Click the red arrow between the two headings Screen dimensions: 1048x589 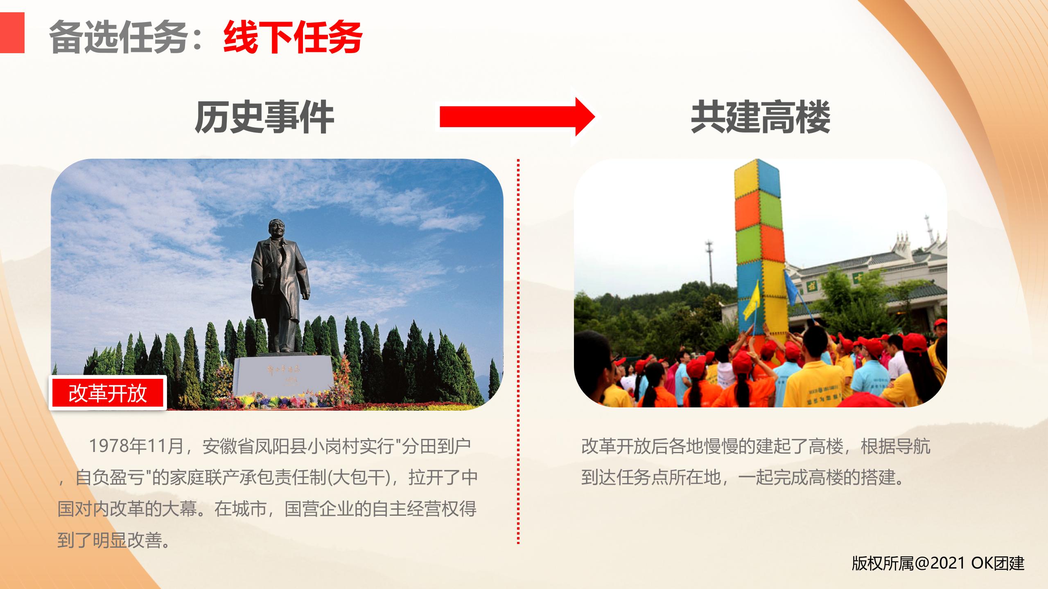coord(517,117)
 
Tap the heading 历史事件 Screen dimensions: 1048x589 coord(264,117)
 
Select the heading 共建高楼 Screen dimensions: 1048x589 coord(760,117)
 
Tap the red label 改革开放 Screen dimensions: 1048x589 coord(108,393)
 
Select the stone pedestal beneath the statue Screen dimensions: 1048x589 coord(284,376)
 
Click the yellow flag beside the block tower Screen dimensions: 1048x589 coord(752,301)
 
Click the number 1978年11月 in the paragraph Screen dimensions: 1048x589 coord(136,446)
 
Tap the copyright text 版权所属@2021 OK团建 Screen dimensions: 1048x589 coord(938,563)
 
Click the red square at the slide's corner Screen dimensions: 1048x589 coord(12,33)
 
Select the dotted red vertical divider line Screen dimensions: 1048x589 coord(518,351)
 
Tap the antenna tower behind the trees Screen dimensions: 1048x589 coord(709,262)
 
